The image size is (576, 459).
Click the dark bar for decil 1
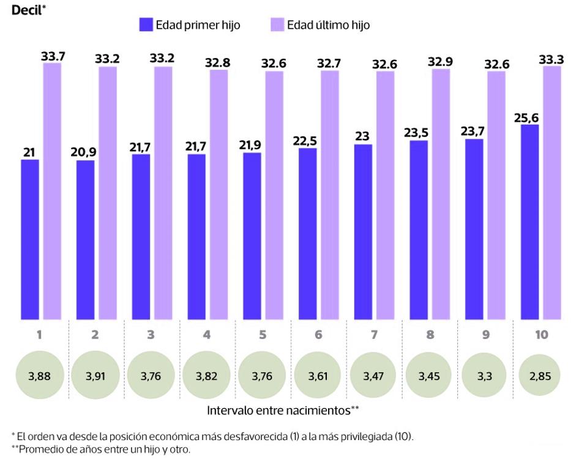[x=30, y=239]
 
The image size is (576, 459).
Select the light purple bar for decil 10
[x=552, y=192]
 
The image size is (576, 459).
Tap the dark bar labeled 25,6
[x=529, y=222]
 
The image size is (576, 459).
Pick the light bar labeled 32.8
[x=219, y=194]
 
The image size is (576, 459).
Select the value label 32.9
[x=441, y=61]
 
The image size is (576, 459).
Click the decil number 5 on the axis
[x=263, y=335]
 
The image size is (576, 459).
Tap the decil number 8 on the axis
[x=430, y=335]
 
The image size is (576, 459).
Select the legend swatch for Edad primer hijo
[x=145, y=25]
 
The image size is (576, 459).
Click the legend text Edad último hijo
[x=328, y=25]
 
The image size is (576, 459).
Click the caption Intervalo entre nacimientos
[x=279, y=409]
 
